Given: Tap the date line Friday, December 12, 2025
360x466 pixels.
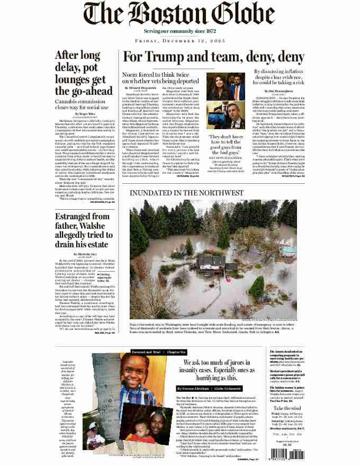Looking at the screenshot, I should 180,40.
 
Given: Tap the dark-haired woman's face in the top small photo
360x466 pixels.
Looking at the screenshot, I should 220,84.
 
